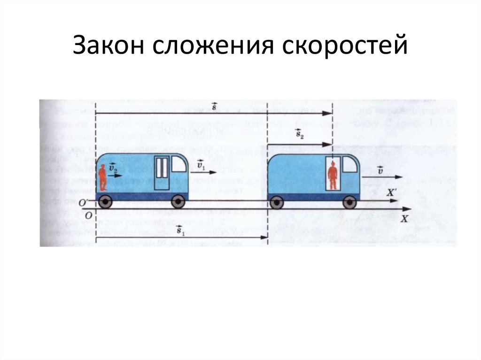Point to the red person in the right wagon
point(333,176)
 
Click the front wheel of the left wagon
point(178,201)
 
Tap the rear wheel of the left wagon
point(105,201)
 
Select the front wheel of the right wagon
point(349,202)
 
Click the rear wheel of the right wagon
point(277,202)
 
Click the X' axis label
point(390,192)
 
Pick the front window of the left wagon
point(179,164)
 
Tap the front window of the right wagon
point(350,164)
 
